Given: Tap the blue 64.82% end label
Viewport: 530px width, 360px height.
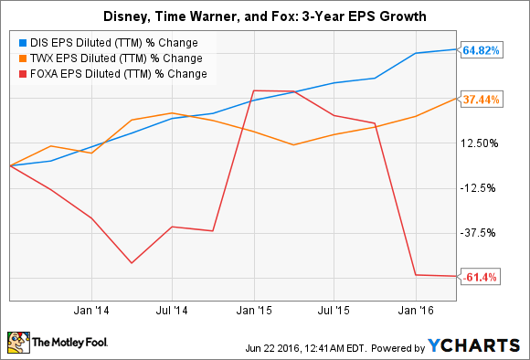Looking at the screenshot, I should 481,50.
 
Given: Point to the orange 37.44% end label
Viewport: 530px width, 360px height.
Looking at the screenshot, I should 481,99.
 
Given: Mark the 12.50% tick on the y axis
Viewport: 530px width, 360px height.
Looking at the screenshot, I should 481,143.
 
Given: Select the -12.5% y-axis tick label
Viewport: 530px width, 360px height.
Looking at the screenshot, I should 481,188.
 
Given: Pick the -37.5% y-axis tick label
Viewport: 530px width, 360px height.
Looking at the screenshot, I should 481,233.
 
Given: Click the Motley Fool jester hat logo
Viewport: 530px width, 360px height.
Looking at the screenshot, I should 18,342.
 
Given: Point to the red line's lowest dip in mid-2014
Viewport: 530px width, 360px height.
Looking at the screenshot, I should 132,263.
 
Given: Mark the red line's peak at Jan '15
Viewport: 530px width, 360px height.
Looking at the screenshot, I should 254,90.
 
